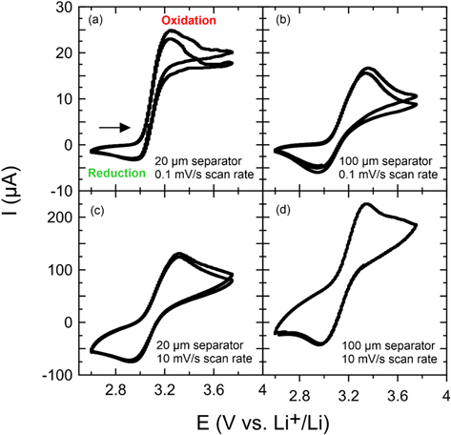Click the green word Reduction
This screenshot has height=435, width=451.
(114, 174)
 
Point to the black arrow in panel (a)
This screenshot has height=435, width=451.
(112, 126)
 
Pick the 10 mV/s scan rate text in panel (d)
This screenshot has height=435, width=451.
(392, 360)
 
